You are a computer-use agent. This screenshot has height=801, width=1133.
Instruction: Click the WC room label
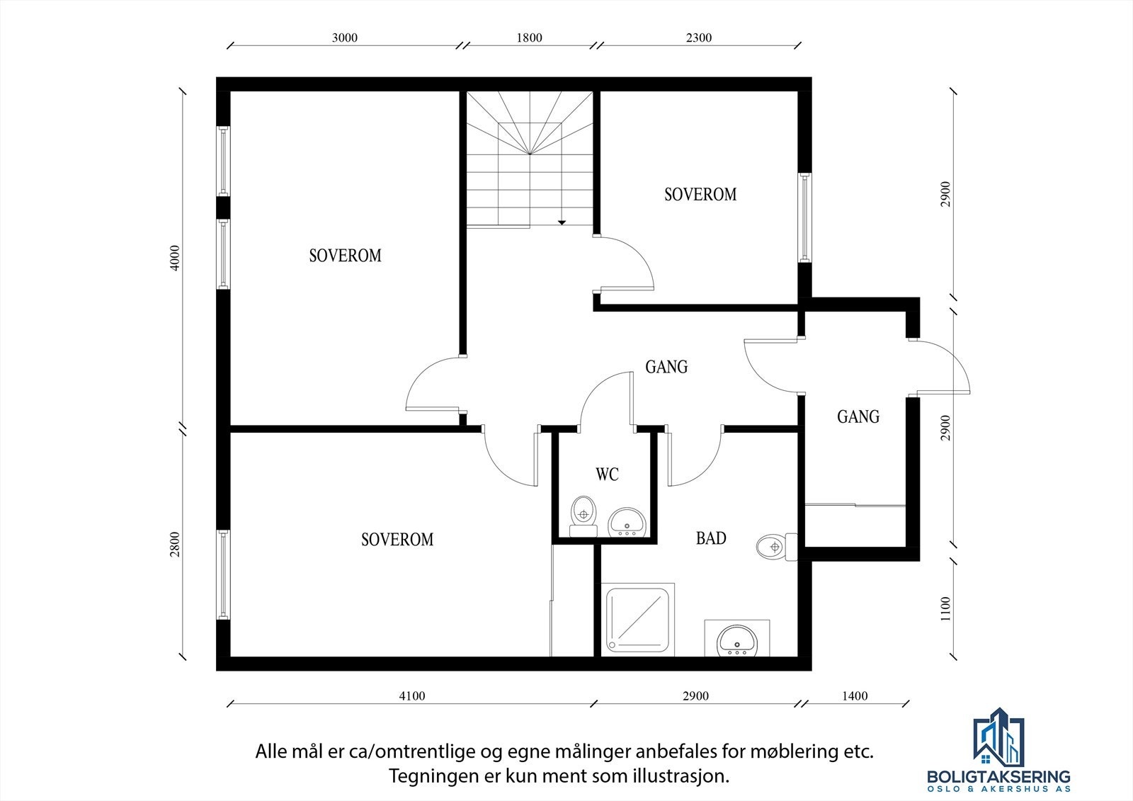[x=607, y=474]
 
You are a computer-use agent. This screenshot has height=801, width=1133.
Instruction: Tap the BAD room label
[x=711, y=538]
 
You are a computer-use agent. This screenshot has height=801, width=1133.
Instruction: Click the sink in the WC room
[x=626, y=522]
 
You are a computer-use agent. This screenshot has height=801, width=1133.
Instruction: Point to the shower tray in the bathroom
[x=637, y=619]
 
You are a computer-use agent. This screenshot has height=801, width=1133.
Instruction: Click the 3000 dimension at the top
[x=344, y=38]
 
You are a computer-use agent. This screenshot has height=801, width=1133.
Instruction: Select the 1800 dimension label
[x=529, y=38]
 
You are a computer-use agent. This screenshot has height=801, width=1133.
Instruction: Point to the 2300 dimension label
[x=698, y=38]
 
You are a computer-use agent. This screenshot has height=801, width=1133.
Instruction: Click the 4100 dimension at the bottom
[x=412, y=696]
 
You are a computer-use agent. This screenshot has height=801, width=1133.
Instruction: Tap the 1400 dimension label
[x=855, y=696]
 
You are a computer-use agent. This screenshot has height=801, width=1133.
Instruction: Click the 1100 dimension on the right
[x=946, y=608]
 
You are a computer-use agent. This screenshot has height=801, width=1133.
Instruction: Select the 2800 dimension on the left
[x=175, y=545]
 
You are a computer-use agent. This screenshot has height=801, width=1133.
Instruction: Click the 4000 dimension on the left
[x=175, y=258]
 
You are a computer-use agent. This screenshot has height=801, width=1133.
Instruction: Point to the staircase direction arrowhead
[x=562, y=222]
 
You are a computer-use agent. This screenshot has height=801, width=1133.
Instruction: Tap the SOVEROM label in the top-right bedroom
[x=700, y=194]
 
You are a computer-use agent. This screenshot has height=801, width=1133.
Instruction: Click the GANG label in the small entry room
[x=858, y=416]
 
